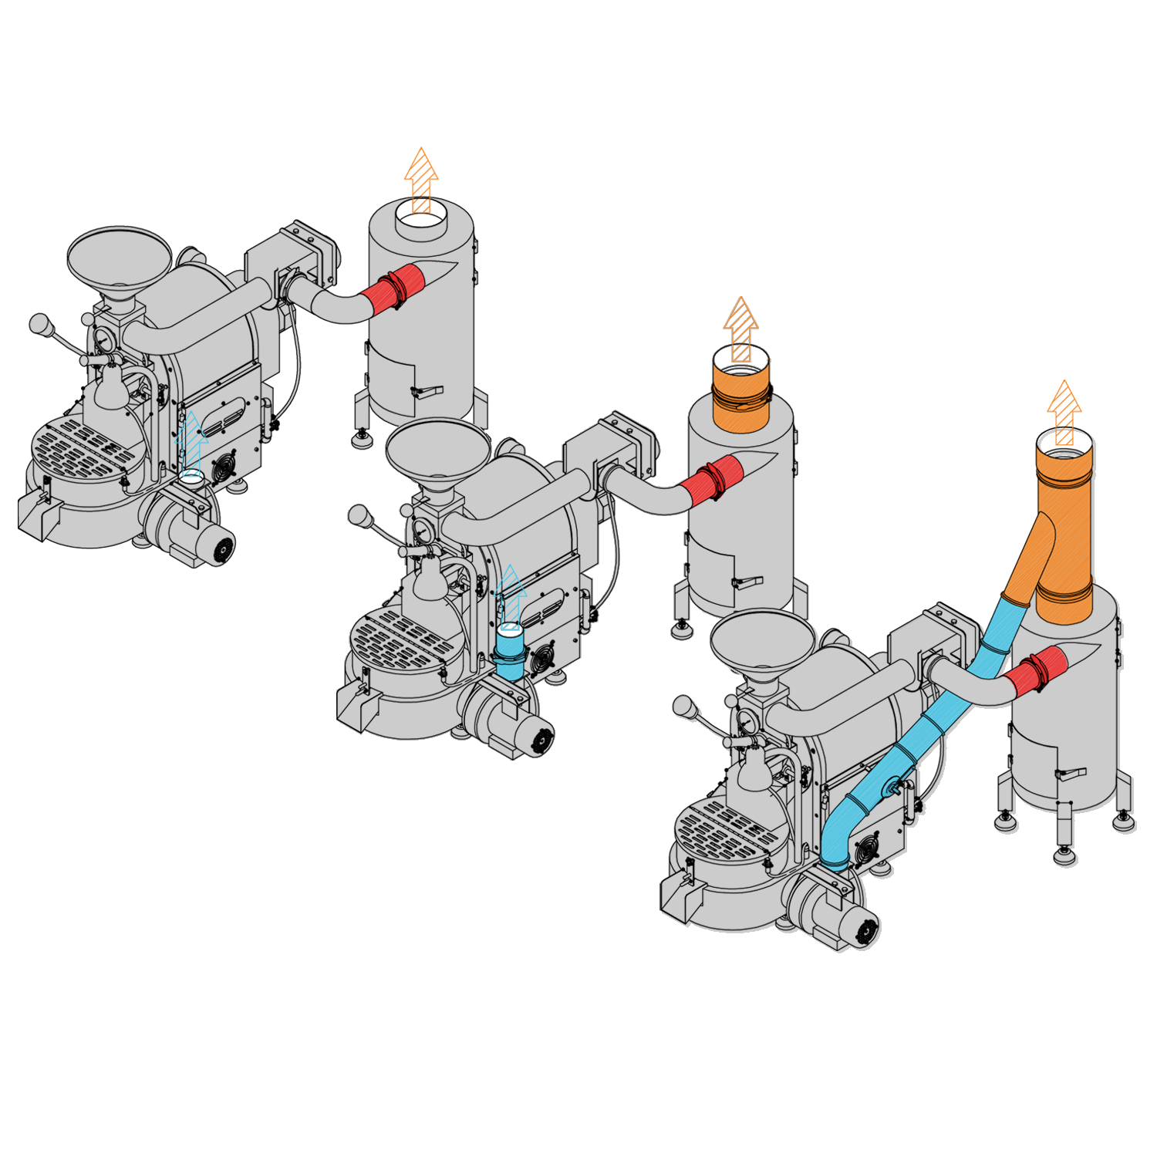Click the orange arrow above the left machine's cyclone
(x=421, y=179)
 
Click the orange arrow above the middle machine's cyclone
(x=740, y=328)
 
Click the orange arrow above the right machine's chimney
(x=1064, y=410)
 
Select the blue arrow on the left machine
(x=191, y=444)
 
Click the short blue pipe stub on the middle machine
(x=509, y=656)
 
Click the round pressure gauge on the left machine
(x=103, y=339)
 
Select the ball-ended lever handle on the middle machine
(x=359, y=515)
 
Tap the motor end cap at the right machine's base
(x=865, y=932)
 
